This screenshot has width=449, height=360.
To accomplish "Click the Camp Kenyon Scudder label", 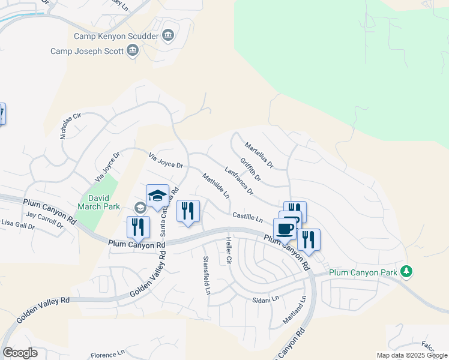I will [x=116, y=36].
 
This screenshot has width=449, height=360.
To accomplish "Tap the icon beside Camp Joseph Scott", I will [x=133, y=52].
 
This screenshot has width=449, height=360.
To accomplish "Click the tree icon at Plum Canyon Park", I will [x=406, y=271].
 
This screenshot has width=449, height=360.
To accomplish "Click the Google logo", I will [x=20, y=353].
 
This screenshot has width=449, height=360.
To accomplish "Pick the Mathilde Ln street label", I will [x=216, y=186].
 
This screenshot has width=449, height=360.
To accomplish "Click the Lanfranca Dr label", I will [x=239, y=181].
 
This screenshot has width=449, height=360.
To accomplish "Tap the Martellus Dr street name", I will [x=259, y=155].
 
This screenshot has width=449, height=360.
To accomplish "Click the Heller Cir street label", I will [x=228, y=251].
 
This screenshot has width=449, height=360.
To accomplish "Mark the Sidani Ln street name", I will [x=266, y=298].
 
